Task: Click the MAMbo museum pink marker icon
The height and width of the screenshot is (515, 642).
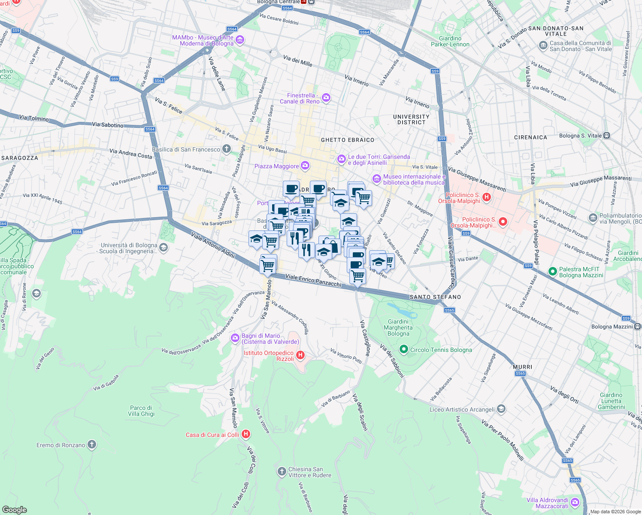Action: (240, 40)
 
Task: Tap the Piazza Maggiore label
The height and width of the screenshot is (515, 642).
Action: (276, 166)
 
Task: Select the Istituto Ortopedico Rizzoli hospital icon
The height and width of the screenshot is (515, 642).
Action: (300, 355)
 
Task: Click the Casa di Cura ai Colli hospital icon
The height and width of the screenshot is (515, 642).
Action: (246, 434)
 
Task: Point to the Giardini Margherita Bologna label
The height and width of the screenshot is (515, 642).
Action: (398, 327)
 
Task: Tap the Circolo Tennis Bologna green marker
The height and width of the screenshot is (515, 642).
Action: (403, 349)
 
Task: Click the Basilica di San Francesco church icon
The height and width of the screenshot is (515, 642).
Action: (227, 149)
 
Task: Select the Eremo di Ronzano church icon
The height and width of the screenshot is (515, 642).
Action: (92, 445)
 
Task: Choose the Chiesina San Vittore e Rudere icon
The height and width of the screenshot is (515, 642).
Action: (282, 472)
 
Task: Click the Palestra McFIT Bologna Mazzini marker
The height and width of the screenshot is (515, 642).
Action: (552, 272)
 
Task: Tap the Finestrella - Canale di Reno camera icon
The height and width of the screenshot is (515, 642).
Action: (326, 98)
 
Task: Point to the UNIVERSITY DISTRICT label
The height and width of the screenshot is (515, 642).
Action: (411, 119)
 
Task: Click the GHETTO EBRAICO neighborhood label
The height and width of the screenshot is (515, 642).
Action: (348, 140)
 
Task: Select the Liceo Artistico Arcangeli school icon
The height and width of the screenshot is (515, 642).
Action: (501, 409)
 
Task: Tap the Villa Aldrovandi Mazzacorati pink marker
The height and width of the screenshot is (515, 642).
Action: (575, 503)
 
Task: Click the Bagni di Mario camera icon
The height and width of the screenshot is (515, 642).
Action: (235, 338)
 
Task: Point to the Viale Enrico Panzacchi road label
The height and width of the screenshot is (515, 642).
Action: (313, 281)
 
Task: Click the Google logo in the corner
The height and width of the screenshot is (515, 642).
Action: (14, 509)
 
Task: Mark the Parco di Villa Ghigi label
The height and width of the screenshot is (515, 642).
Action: (141, 411)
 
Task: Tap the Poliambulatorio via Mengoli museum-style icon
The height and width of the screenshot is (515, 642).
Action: (593, 218)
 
